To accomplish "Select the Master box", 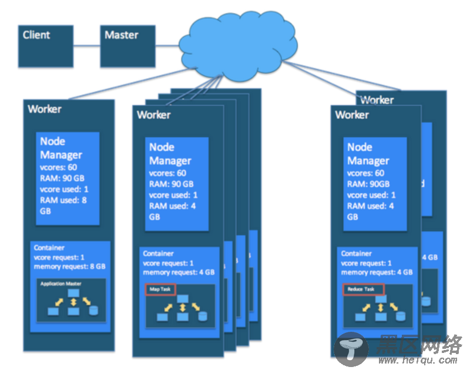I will coord(127,45).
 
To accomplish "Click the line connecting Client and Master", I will coord(86,45).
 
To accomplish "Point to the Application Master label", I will coord(61,284).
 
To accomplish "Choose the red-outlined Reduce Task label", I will coord(362,289).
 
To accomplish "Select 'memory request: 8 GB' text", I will coord(69,266).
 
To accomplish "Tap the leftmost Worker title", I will coord(45,109).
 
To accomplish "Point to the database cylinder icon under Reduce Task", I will coord(401,316).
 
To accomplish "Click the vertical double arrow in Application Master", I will coord(73,302).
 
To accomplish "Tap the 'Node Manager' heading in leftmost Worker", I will coord(61,148).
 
